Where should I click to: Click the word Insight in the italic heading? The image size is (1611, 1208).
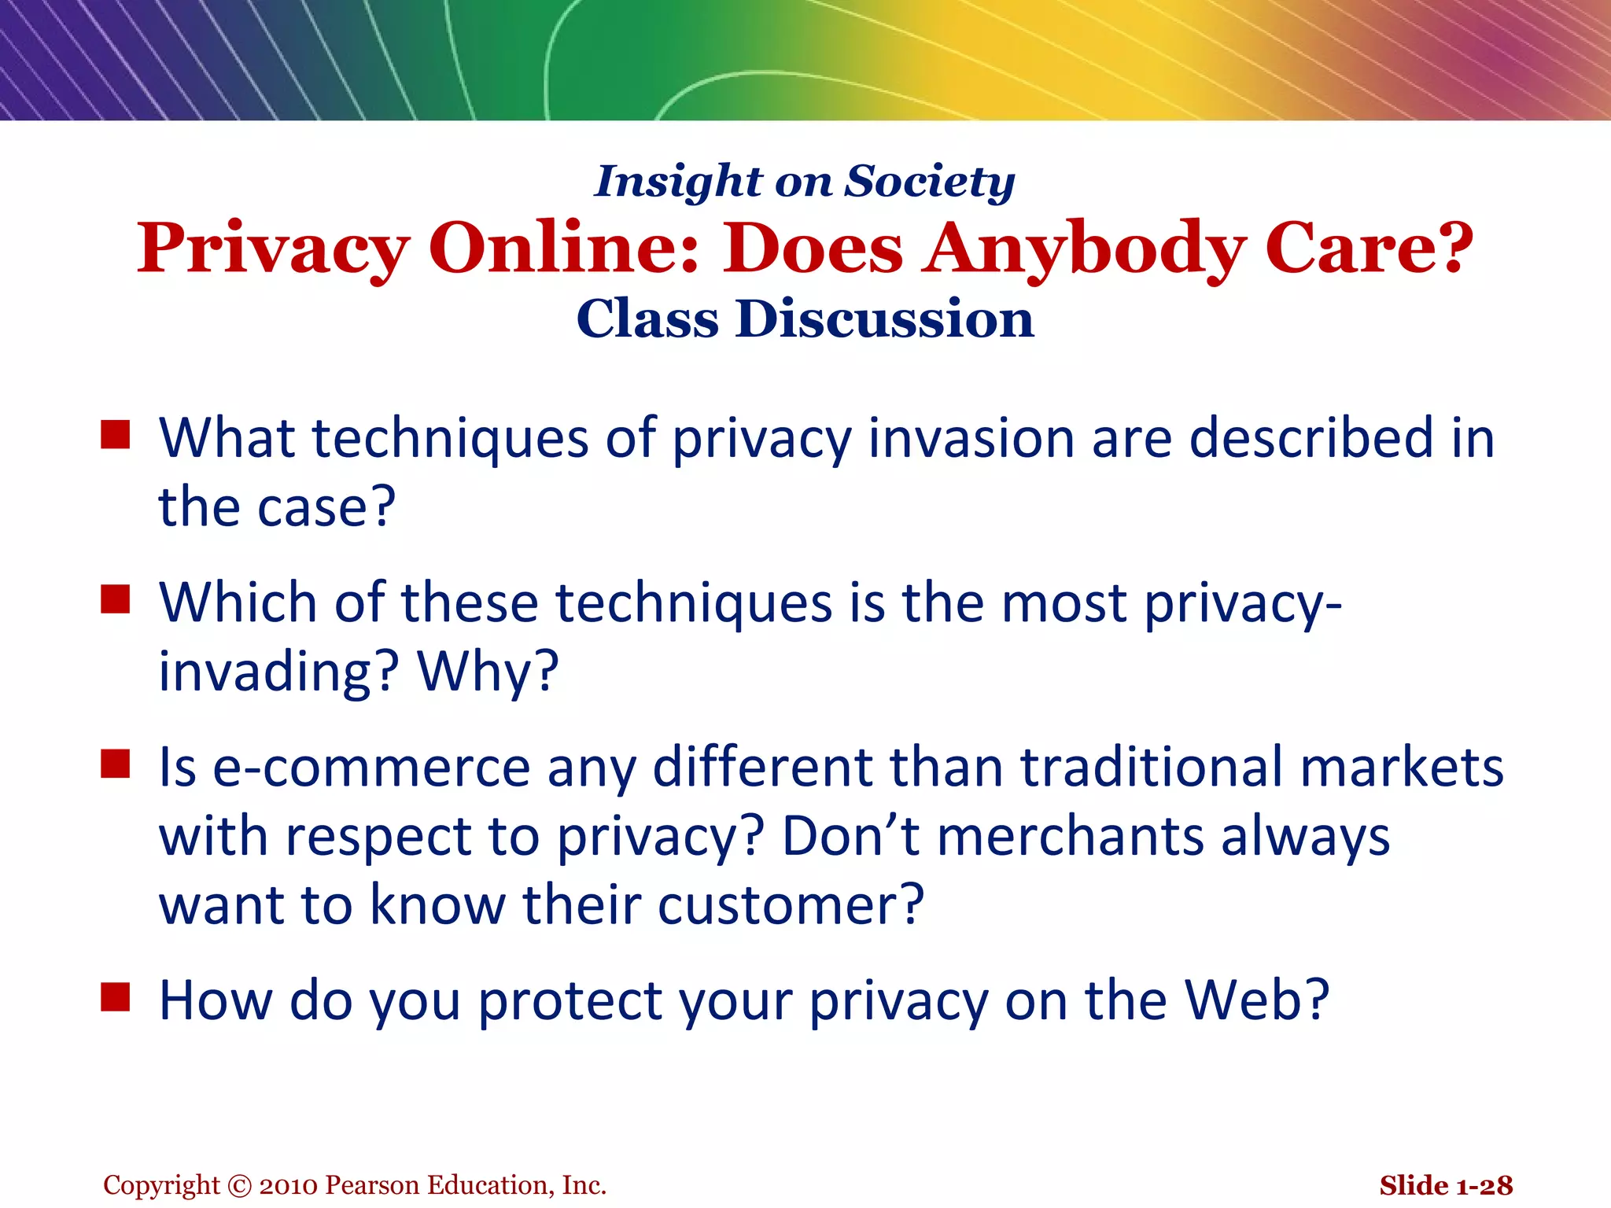pyautogui.click(x=678, y=182)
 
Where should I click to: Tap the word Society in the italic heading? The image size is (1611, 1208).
pyautogui.click(x=930, y=182)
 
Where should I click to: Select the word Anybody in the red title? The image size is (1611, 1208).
pyautogui.click(x=1084, y=249)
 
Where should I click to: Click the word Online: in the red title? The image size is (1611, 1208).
pyautogui.click(x=563, y=249)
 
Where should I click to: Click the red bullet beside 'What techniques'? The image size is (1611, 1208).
pyautogui.click(x=115, y=434)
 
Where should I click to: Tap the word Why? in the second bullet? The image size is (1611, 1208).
pyautogui.click(x=488, y=672)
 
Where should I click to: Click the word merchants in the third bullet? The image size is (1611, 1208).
pyautogui.click(x=1070, y=836)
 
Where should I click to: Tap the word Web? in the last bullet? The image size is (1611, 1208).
pyautogui.click(x=1257, y=1000)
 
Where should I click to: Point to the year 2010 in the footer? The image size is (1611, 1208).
pyautogui.click(x=289, y=1186)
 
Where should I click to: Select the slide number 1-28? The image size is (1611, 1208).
pyautogui.click(x=1484, y=1186)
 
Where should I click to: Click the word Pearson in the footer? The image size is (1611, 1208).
pyautogui.click(x=371, y=1186)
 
